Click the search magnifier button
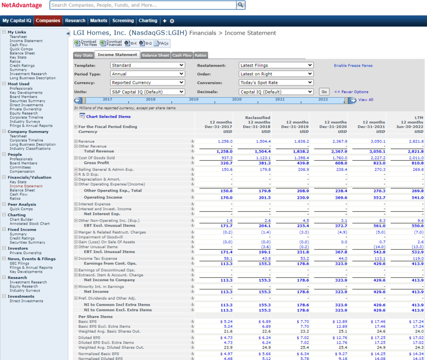pyautogui.click(x=240, y=5)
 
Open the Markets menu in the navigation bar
pyautogui.click(x=98, y=21)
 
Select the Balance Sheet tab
pyautogui.click(x=155, y=55)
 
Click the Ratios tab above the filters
pyautogui.click(x=201, y=55)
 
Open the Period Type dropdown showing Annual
pyautogui.click(x=148, y=74)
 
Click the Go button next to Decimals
pyautogui.click(x=324, y=92)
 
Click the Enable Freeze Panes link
pyautogui.click(x=353, y=65)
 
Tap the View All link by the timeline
pyautogui.click(x=366, y=100)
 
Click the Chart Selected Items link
pyautogui.click(x=108, y=116)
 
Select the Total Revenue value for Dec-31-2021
pyautogui.click(x=378, y=152)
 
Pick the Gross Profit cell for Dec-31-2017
pyautogui.click(x=226, y=163)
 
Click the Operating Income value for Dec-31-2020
pyautogui.click(x=341, y=198)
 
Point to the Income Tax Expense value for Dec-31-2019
pyautogui.click(x=304, y=258)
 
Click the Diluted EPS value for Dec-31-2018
pyautogui.click(x=264, y=337)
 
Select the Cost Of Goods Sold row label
pyautogui.click(x=96, y=158)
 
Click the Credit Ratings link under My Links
pyautogui.click(x=22, y=66)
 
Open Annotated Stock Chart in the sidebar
pyautogui.click(x=30, y=224)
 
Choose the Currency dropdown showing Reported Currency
pyautogui.click(x=148, y=83)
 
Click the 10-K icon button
pyautogui.click(x=130, y=43)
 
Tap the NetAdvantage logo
pyautogui.click(x=22, y=5)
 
